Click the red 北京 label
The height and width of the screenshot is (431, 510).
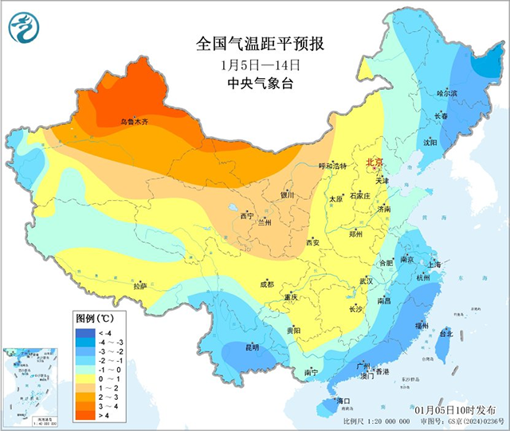click(x=375, y=163)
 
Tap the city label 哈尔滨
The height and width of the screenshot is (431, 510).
click(x=448, y=93)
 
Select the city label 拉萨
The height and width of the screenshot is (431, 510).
click(x=140, y=285)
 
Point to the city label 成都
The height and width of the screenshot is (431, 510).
click(x=265, y=284)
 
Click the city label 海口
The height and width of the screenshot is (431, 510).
click(x=344, y=401)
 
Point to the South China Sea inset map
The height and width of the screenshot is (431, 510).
click(x=33, y=386)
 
